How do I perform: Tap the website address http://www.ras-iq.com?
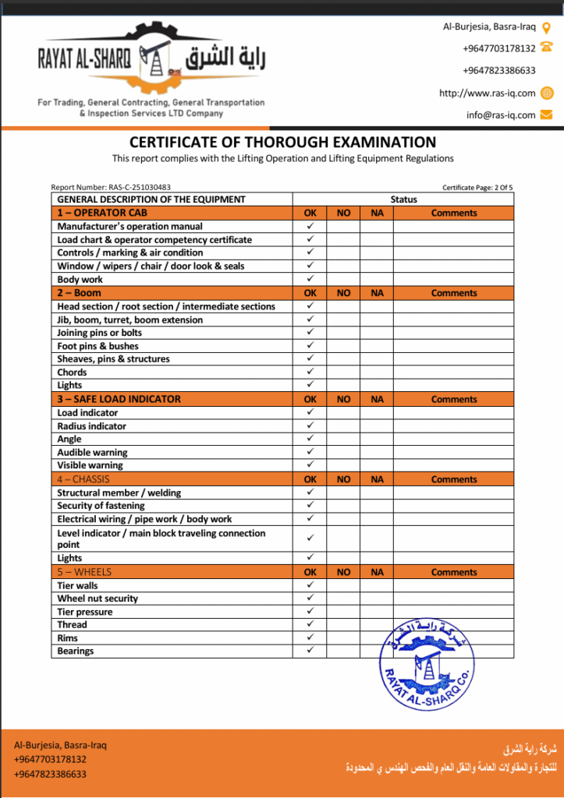pyautogui.click(x=487, y=93)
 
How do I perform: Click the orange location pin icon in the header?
pyautogui.click(x=546, y=27)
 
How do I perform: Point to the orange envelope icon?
pyautogui.click(x=546, y=115)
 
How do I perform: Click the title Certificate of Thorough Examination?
pyautogui.click(x=282, y=143)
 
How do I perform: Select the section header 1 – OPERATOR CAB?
pyautogui.click(x=102, y=213)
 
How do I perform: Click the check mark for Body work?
pyautogui.click(x=310, y=279)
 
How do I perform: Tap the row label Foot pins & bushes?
pyautogui.click(x=98, y=346)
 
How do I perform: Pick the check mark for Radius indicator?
pyautogui.click(x=310, y=425)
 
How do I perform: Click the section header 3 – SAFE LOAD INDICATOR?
pyautogui.click(x=119, y=399)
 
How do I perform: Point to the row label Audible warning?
pyautogui.click(x=92, y=452)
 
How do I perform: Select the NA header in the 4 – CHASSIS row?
pyautogui.click(x=377, y=479)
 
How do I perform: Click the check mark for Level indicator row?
pyautogui.click(x=310, y=538)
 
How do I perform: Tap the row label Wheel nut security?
pyautogui.click(x=98, y=598)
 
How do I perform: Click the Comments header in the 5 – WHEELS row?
pyautogui.click(x=453, y=572)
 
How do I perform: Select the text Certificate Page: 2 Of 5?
pyautogui.click(x=477, y=187)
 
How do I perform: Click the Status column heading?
pyautogui.click(x=403, y=199)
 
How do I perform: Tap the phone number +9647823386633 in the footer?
pyautogui.click(x=50, y=774)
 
